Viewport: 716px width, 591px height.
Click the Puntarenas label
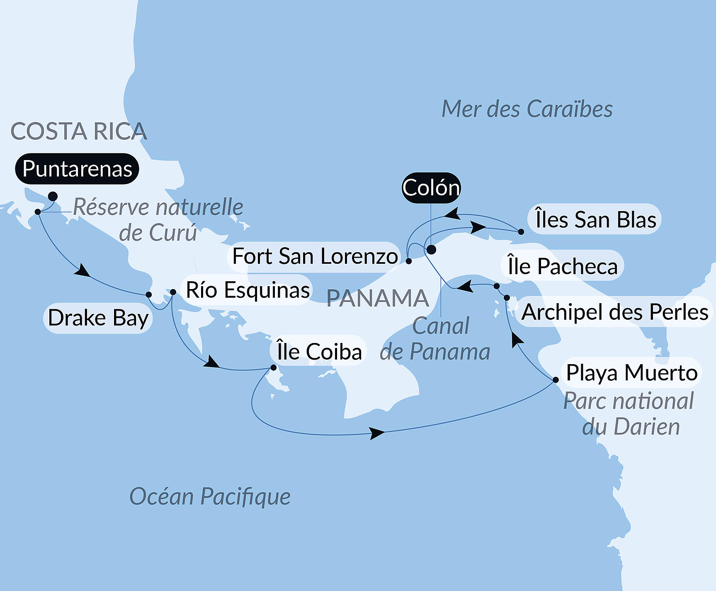click(x=77, y=169)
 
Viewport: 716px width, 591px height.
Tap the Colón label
click(x=431, y=188)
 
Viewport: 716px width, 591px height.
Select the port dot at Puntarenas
click(x=53, y=196)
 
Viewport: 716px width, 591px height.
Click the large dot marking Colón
click(x=431, y=250)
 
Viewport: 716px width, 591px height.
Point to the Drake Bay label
click(x=98, y=318)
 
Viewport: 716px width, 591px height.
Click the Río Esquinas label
click(x=248, y=290)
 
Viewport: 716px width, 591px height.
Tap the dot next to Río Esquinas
click(x=173, y=292)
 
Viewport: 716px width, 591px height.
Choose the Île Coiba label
click(x=319, y=352)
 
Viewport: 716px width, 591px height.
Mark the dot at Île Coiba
click(x=273, y=367)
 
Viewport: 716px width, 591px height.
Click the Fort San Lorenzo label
click(x=315, y=256)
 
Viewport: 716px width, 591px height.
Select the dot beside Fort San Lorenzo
click(x=408, y=261)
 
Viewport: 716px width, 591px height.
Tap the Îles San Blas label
click(x=595, y=219)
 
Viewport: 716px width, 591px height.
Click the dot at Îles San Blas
click(x=521, y=232)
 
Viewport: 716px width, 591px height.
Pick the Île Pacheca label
click(x=562, y=266)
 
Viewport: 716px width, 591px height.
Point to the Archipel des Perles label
click(x=614, y=312)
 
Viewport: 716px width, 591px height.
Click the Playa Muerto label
click(x=631, y=372)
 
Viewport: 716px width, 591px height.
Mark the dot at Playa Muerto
click(x=556, y=380)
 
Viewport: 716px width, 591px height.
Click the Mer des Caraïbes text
click(x=527, y=109)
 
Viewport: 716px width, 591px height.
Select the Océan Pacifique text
click(x=210, y=496)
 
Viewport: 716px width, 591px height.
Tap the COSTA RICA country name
click(x=79, y=131)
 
